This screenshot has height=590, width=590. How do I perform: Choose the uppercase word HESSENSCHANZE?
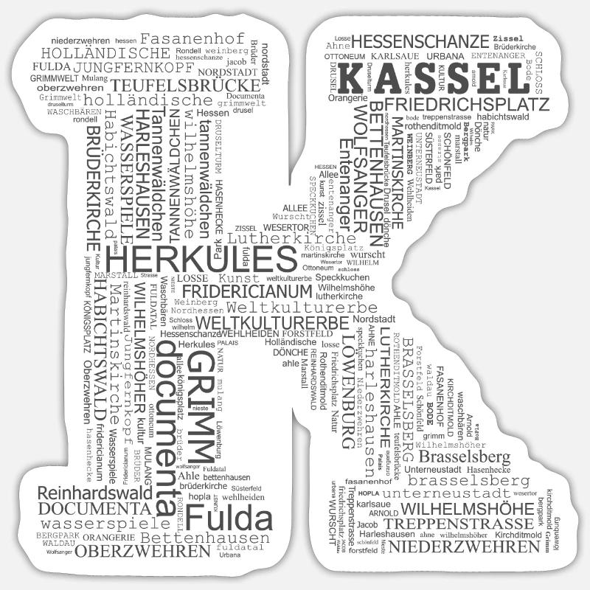[421, 41]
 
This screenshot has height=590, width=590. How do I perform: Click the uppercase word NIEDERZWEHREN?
[464, 546]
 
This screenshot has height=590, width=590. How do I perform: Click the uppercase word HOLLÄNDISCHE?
[105, 53]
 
